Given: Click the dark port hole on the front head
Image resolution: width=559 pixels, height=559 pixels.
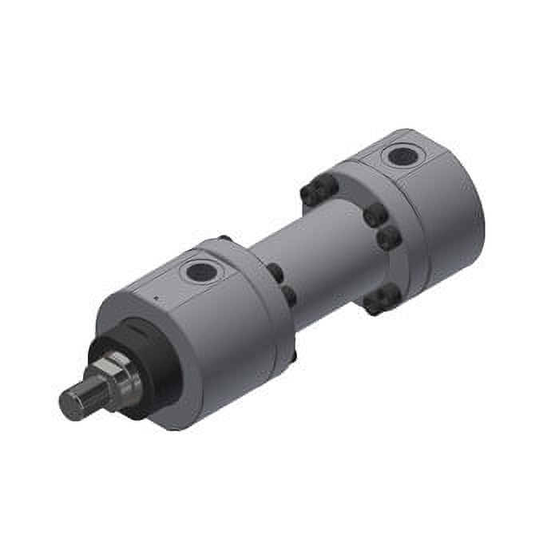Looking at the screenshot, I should tap(200, 272).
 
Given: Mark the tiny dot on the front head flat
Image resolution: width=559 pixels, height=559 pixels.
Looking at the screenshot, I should tap(157, 298).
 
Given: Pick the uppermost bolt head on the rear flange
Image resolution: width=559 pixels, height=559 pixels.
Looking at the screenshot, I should tap(319, 190).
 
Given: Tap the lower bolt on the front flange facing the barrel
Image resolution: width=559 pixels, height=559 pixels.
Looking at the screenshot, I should tap(288, 296).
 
